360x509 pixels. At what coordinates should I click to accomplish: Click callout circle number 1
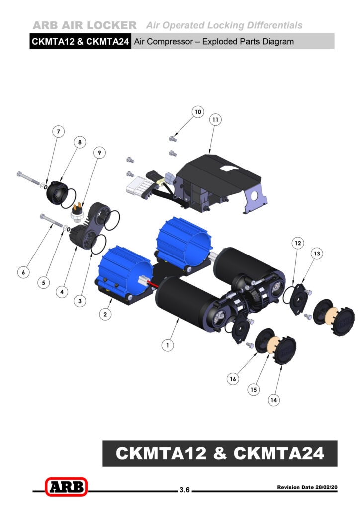click(x=168, y=345)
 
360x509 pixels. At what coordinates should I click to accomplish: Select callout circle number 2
click(x=105, y=314)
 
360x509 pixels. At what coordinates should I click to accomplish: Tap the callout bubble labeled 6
click(x=23, y=272)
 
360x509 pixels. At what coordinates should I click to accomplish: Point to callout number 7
click(x=59, y=131)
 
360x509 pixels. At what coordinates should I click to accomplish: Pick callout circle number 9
click(x=99, y=152)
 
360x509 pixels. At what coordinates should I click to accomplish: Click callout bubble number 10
click(x=198, y=112)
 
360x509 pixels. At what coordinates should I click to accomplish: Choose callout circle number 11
click(x=215, y=120)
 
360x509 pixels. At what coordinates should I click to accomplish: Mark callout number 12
click(x=298, y=243)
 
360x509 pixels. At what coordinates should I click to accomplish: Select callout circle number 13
click(x=317, y=253)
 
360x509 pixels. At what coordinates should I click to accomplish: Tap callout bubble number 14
click(x=274, y=400)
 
